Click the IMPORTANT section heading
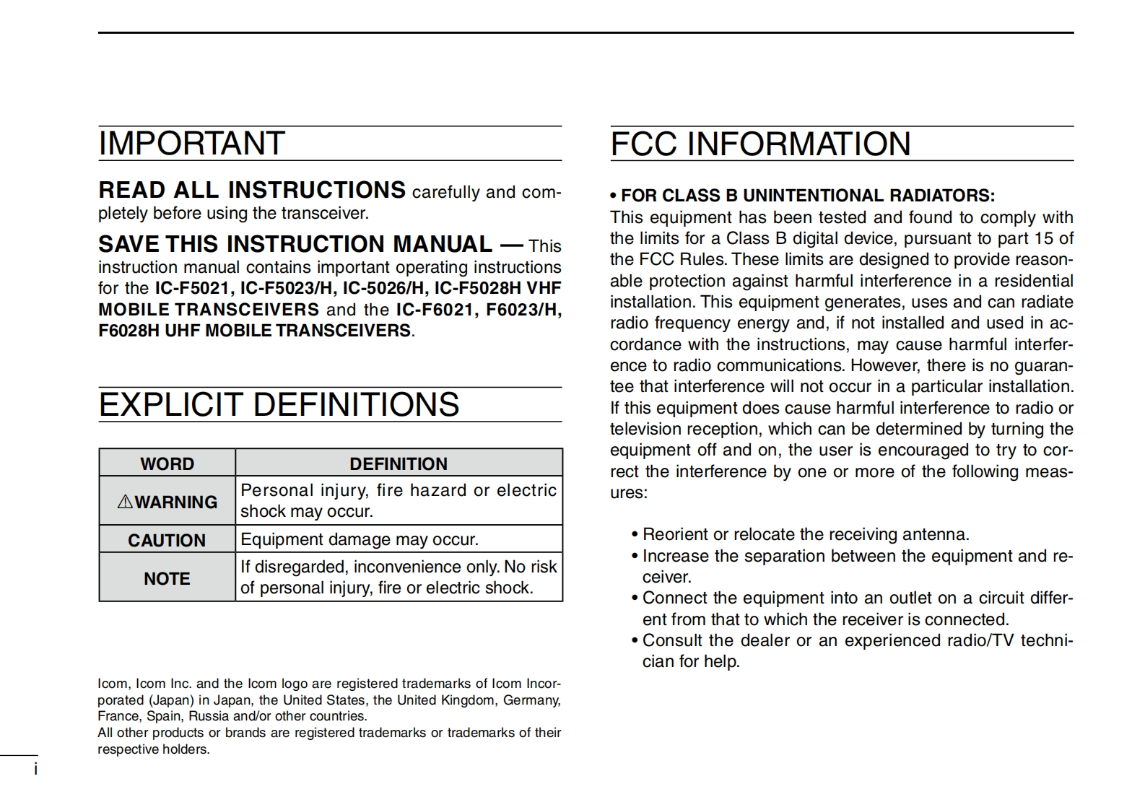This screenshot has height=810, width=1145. pyautogui.click(x=191, y=144)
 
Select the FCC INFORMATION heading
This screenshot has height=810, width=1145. pyautogui.click(x=760, y=144)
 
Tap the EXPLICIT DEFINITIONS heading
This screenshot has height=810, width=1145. pyautogui.click(x=279, y=404)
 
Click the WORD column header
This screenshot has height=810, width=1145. pyautogui.click(x=167, y=463)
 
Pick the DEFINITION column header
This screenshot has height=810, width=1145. pyautogui.click(x=399, y=463)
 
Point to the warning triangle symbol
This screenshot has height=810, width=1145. pyautogui.click(x=125, y=501)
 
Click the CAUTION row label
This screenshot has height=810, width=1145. pyautogui.click(x=167, y=540)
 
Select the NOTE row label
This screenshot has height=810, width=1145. pyautogui.click(x=167, y=578)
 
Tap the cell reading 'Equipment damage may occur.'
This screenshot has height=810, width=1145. pyautogui.click(x=360, y=539)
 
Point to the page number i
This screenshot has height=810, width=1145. pyautogui.click(x=35, y=770)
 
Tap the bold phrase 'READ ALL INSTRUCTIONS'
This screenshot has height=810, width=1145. pyautogui.click(x=252, y=190)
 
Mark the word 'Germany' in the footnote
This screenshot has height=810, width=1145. pyautogui.click(x=531, y=700)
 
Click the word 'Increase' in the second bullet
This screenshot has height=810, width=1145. pyautogui.click(x=674, y=556)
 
